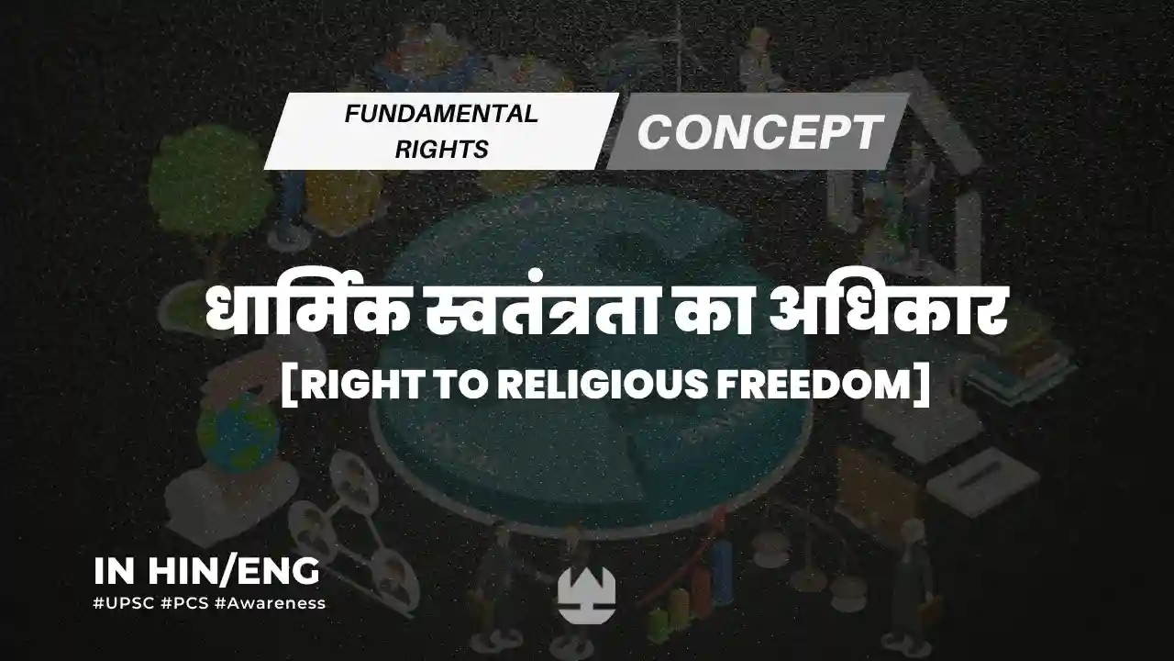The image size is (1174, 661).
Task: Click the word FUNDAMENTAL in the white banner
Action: tap(441, 114)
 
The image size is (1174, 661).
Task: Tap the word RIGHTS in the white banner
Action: tap(442, 150)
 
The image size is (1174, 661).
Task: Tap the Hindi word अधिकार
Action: tap(889, 313)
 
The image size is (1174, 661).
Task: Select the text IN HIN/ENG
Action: tap(206, 571)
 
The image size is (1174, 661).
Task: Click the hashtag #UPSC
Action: tap(124, 603)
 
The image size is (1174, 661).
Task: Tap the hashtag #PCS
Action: tap(185, 603)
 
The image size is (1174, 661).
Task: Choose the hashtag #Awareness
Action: tap(271, 603)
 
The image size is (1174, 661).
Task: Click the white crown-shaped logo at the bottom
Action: tap(586, 595)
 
